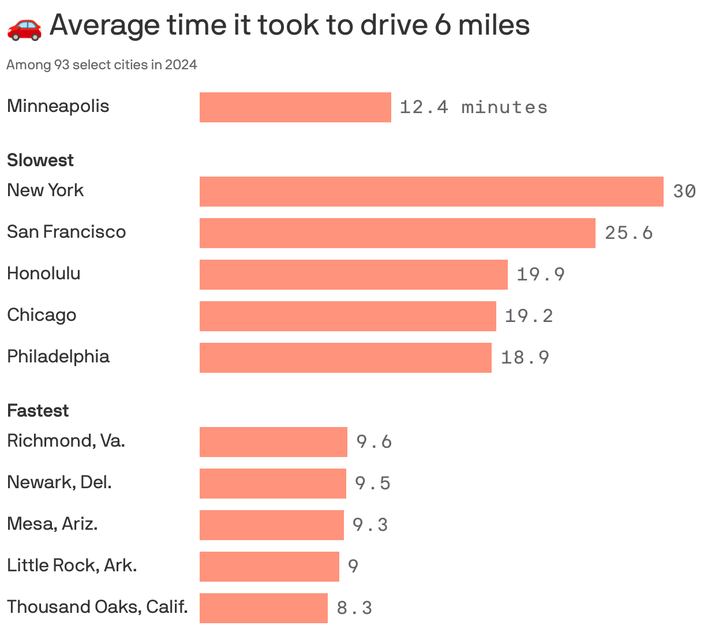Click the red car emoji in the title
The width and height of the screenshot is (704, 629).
click(24, 27)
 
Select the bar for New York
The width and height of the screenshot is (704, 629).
click(431, 192)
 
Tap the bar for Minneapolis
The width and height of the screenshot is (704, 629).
click(295, 107)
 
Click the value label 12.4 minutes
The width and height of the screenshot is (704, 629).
click(473, 107)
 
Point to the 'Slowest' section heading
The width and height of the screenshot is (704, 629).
click(40, 160)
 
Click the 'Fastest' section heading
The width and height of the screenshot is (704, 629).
click(38, 410)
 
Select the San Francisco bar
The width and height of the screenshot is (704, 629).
click(397, 233)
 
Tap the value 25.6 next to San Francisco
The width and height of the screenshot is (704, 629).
click(628, 233)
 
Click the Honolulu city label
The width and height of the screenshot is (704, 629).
click(44, 273)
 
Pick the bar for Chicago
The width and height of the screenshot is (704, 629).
click(347, 316)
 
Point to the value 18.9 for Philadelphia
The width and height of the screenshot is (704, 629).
click(525, 358)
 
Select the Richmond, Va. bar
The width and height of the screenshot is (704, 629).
click(273, 442)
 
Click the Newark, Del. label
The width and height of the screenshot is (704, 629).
click(59, 482)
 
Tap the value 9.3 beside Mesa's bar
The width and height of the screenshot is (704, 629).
click(370, 525)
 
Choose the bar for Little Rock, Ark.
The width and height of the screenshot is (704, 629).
click(269, 567)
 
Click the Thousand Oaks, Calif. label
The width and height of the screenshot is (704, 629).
click(98, 606)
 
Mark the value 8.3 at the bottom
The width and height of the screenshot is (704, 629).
click(354, 608)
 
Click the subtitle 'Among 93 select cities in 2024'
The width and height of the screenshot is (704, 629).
click(102, 65)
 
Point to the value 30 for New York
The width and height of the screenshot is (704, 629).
click(684, 192)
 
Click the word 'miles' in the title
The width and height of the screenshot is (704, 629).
click(493, 25)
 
